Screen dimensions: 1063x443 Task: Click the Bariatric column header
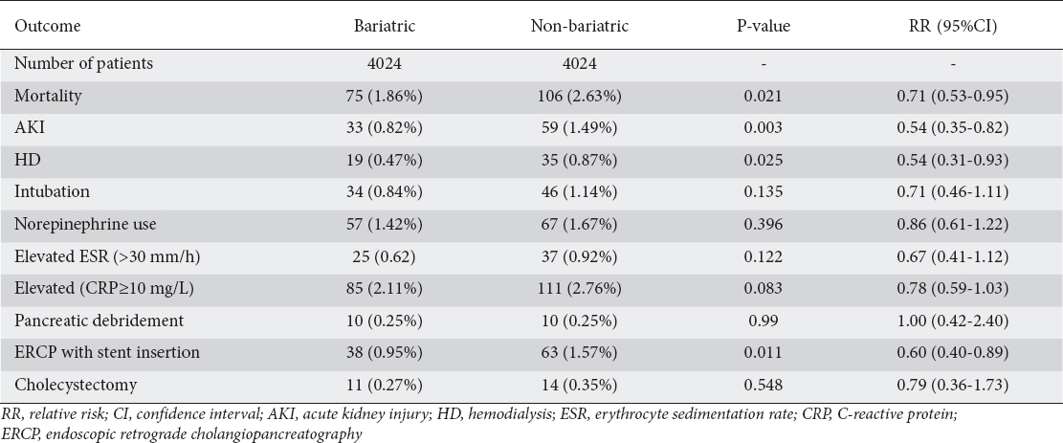[x=385, y=27]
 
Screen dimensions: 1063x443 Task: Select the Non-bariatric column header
[x=580, y=27]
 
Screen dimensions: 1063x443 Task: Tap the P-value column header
[x=764, y=27]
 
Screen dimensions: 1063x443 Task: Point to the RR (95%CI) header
[x=953, y=27]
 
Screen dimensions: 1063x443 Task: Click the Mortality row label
[x=48, y=96]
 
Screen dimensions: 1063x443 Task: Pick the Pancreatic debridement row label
[x=99, y=321]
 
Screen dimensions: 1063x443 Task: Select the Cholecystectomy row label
[x=76, y=385]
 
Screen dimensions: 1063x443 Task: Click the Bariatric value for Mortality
[x=385, y=96]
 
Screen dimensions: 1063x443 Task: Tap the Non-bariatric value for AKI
[x=580, y=127]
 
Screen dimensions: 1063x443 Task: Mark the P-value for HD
[x=764, y=160]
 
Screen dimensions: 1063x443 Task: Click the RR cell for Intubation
[x=953, y=192]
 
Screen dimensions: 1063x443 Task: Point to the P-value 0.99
[x=764, y=321]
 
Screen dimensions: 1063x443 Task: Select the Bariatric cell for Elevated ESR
[x=385, y=255]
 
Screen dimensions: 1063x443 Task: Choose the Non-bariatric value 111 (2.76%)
[x=580, y=288]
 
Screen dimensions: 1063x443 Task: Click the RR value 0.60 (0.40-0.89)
[x=953, y=352]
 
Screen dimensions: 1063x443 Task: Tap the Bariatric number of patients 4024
[x=385, y=63]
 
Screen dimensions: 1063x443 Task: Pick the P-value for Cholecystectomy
[x=764, y=385]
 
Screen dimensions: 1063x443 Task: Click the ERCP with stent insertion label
[x=107, y=352]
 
